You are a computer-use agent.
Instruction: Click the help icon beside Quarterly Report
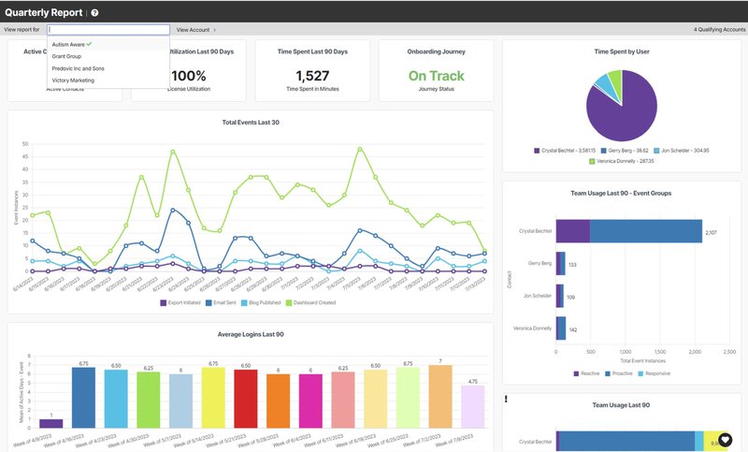(x=94, y=12)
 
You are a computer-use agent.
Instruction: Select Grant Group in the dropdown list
(x=66, y=56)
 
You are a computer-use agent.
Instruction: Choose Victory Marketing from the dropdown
(x=74, y=80)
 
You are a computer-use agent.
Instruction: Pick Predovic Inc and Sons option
(x=79, y=68)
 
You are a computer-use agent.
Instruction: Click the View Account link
(x=193, y=30)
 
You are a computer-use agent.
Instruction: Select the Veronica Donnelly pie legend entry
(x=622, y=161)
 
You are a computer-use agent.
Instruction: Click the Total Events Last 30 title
(x=251, y=123)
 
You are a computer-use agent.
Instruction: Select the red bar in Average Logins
(x=246, y=398)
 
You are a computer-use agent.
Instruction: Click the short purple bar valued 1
(x=51, y=423)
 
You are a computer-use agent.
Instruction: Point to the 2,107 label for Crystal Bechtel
(x=711, y=232)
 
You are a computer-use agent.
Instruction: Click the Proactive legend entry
(x=620, y=372)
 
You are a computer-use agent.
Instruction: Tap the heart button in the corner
(x=726, y=439)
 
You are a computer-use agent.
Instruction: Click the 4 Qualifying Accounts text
(x=719, y=30)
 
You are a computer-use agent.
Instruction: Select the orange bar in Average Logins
(x=279, y=401)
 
